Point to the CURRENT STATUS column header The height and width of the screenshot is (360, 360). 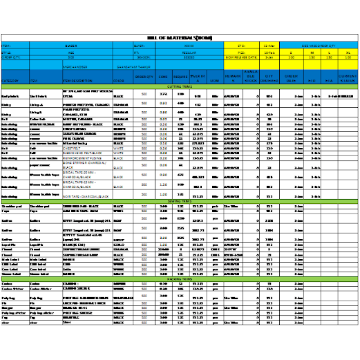click(x=347, y=79)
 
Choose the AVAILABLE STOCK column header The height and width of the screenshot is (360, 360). click(x=250, y=77)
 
